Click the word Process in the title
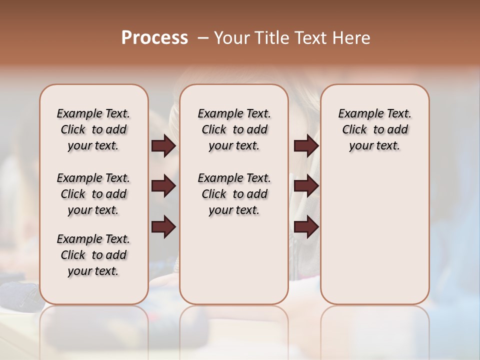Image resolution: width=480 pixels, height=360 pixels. [154, 38]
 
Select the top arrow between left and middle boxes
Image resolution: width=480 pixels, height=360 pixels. [163, 146]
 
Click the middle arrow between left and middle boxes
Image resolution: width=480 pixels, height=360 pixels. [163, 186]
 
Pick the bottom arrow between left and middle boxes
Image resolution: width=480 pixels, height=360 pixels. [163, 227]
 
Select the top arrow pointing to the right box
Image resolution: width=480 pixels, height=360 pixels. [306, 146]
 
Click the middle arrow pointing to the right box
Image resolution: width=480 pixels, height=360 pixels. [306, 186]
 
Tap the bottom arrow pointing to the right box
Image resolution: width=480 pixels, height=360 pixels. [306, 227]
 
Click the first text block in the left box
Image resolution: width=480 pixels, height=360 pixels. [93, 129]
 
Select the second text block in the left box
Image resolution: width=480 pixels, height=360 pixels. [93, 194]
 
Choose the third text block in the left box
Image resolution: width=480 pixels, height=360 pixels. [93, 255]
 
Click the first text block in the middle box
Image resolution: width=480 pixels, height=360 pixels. [234, 129]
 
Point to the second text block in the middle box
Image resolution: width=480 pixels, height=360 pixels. [234, 194]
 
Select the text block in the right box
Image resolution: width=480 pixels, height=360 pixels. [375, 129]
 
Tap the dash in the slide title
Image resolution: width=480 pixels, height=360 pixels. [203, 38]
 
